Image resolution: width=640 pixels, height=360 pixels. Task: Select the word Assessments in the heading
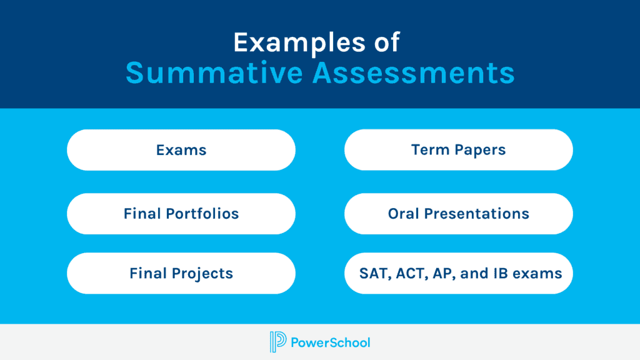click(x=414, y=73)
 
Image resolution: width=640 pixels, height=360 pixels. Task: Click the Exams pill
click(x=181, y=150)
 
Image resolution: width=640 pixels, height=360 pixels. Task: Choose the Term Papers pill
click(x=459, y=150)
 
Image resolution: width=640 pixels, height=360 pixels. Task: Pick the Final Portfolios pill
click(x=181, y=214)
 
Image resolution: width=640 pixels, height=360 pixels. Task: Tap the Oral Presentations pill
click(x=459, y=214)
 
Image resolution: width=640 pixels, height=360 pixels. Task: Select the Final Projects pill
click(x=181, y=273)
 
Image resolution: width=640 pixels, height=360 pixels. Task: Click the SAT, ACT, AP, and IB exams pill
click(x=459, y=273)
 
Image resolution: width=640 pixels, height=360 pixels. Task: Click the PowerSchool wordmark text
click(x=331, y=342)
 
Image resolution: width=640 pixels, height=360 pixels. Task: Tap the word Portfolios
click(x=202, y=214)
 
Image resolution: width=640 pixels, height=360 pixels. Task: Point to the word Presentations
click(x=477, y=214)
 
